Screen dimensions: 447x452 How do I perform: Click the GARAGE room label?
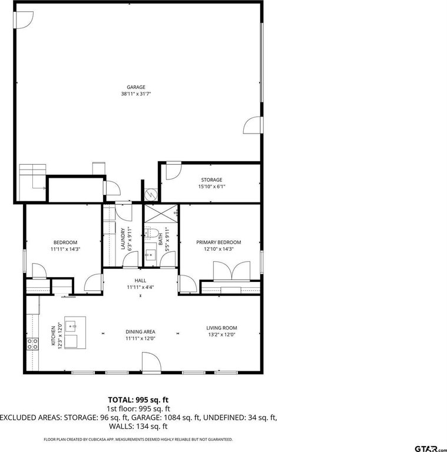(136, 87)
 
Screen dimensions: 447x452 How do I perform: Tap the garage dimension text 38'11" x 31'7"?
(136, 94)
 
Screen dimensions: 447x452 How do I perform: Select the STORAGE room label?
(211, 180)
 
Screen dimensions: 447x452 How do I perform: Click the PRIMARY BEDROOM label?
(218, 242)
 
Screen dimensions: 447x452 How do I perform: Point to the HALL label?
(140, 281)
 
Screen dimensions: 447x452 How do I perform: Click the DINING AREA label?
(140, 332)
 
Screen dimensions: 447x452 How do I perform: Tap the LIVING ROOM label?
(221, 328)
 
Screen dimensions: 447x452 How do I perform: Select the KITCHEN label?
(53, 336)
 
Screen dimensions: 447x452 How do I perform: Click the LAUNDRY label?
(123, 239)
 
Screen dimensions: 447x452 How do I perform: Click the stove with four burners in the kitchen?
(32, 344)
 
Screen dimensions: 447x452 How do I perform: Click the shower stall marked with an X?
(161, 214)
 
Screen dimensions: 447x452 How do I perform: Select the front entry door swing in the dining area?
(151, 363)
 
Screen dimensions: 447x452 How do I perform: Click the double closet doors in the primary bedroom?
(231, 271)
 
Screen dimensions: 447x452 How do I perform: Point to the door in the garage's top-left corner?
(24, 20)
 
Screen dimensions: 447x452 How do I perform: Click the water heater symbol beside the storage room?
(150, 195)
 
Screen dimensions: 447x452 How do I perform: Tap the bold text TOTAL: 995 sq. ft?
(138, 400)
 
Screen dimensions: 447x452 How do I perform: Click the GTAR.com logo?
(431, 448)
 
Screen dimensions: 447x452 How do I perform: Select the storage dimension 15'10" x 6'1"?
(211, 187)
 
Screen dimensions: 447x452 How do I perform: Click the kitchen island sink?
(71, 326)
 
